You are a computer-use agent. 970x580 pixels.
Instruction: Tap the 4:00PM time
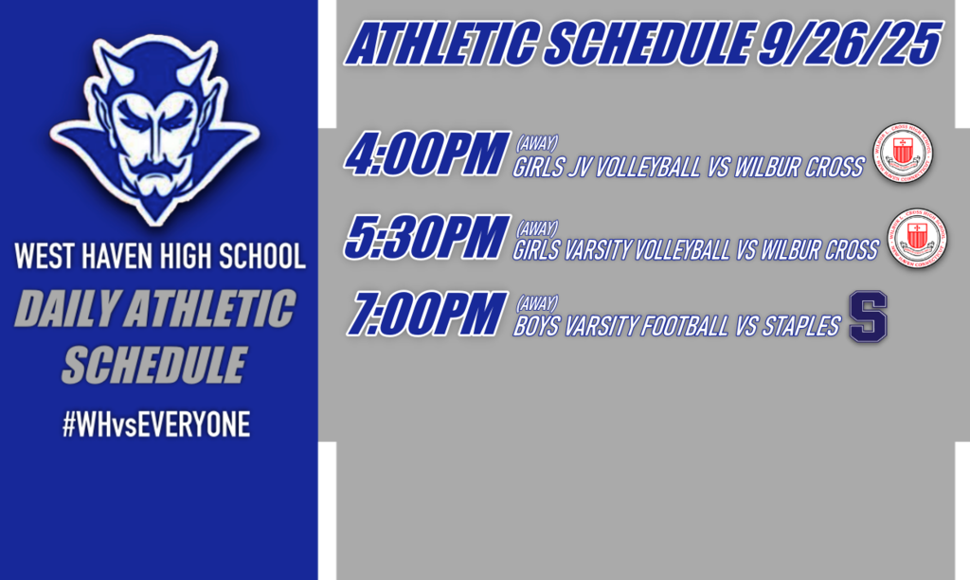coord(424,156)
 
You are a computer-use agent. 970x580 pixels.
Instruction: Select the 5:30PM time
coord(424,238)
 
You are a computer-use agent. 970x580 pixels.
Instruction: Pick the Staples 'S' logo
coord(868,317)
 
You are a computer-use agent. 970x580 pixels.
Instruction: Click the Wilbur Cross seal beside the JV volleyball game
coord(903,154)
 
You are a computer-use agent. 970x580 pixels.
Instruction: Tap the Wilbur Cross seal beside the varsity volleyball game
coord(916,237)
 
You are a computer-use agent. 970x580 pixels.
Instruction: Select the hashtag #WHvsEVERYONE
coord(156,426)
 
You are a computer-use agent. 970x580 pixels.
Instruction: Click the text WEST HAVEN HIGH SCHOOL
coord(159,256)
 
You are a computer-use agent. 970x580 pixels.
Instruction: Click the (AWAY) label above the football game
coord(536,304)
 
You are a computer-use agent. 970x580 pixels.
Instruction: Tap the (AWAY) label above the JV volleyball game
coord(536,144)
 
